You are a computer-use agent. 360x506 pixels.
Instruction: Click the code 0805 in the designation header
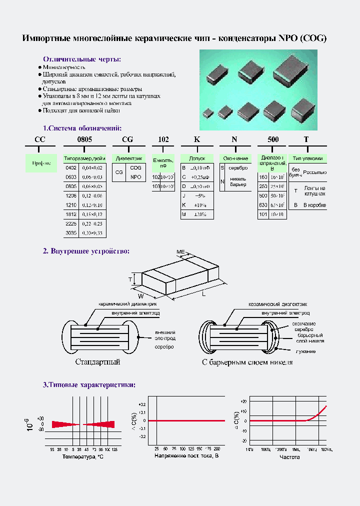84,139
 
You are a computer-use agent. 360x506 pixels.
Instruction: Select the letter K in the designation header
197,139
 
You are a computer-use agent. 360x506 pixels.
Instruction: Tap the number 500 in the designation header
273,139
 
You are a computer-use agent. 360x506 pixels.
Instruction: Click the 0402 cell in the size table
71,167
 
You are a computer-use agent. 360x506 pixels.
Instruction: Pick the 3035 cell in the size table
71,233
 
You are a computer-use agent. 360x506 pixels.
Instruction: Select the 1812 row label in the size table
71,214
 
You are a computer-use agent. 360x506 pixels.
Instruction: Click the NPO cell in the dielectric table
135,177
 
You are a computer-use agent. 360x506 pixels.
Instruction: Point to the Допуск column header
197,158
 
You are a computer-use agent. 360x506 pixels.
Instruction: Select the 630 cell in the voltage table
263,205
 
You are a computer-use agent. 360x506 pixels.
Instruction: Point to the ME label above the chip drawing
180,251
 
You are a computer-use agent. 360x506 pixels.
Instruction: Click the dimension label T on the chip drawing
129,279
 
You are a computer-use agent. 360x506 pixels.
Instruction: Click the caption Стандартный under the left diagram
98,361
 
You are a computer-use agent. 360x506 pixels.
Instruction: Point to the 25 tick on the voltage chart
157,448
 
